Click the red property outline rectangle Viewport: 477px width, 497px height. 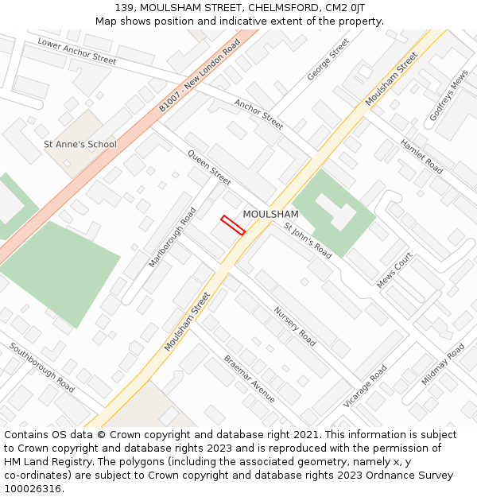coord(232,225)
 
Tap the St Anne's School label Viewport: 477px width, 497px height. coord(79,144)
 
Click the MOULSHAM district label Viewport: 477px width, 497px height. coord(270,214)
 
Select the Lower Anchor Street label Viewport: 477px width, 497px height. coord(76,51)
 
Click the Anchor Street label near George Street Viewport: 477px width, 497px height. coord(258,114)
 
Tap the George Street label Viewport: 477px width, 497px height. coord(328,60)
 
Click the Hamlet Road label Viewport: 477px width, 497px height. coord(421,156)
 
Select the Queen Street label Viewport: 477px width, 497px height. coord(209,167)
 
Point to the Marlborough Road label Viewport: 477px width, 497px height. coord(173,238)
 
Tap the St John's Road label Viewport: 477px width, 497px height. coord(308,240)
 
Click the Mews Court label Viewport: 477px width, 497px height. coord(395,270)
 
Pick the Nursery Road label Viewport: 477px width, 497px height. coord(294,326)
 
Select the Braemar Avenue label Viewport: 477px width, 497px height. coord(249,379)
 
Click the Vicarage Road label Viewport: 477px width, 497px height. coord(365,386)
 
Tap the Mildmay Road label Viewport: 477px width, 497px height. coord(443,364)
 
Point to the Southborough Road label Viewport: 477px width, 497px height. coord(42,367)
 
